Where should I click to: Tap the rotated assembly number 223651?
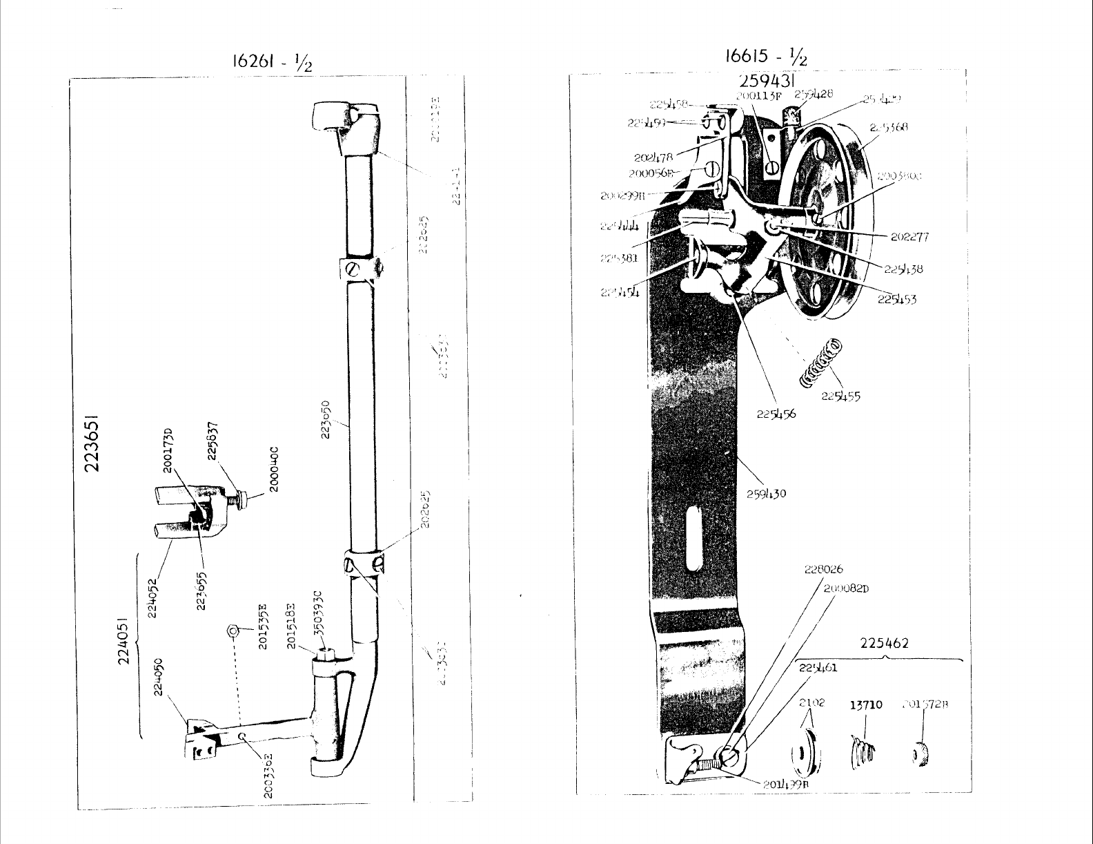pyautogui.click(x=95, y=443)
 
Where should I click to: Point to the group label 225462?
pyautogui.click(x=884, y=643)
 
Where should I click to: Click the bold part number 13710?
pyautogui.click(x=865, y=704)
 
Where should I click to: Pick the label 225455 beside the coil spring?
pyautogui.click(x=840, y=396)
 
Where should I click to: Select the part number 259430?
pyautogui.click(x=766, y=494)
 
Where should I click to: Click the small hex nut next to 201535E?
pyautogui.click(x=233, y=630)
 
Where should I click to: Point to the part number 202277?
pyautogui.click(x=909, y=237)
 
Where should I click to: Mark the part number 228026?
pyautogui.click(x=823, y=570)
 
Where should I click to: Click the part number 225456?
pyautogui.click(x=776, y=414)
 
